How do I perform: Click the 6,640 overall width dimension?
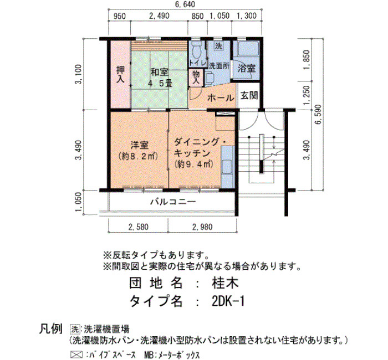(x=185, y=4)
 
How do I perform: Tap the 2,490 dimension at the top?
(x=159, y=16)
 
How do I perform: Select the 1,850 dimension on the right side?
(x=306, y=60)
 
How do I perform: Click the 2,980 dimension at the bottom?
(x=202, y=227)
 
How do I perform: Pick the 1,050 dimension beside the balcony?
(x=79, y=202)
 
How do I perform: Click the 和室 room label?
(x=160, y=72)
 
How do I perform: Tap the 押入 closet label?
(x=120, y=74)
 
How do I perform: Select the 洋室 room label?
(x=140, y=145)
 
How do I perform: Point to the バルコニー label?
(x=173, y=202)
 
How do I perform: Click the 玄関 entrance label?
(x=249, y=95)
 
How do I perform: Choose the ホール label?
(x=221, y=98)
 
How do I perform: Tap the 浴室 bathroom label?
(x=247, y=68)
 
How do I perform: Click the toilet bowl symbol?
(x=197, y=50)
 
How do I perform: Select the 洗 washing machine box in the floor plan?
(x=218, y=46)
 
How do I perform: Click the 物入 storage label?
(x=196, y=77)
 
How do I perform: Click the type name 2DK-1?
(x=228, y=301)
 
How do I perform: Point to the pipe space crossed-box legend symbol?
(x=76, y=355)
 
